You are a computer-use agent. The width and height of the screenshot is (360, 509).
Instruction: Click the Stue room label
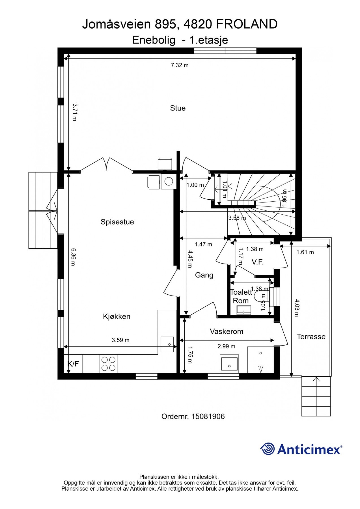(x=178, y=108)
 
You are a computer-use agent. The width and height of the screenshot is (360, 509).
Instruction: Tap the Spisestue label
(x=117, y=222)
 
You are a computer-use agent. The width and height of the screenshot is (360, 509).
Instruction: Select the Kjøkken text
(x=117, y=316)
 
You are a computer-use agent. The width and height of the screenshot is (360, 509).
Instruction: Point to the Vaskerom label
(x=227, y=331)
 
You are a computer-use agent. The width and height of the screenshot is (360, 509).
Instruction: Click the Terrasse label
(x=311, y=337)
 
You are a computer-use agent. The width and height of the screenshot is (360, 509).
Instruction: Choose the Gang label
(x=204, y=275)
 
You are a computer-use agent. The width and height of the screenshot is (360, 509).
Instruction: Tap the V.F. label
(x=258, y=262)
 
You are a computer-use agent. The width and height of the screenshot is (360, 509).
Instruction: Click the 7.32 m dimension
(x=180, y=65)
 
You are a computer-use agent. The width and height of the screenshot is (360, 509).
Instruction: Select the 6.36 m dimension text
(x=73, y=257)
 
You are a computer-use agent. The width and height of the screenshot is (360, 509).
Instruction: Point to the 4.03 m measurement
(x=296, y=308)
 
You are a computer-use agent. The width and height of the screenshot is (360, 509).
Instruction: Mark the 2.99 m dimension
(x=226, y=346)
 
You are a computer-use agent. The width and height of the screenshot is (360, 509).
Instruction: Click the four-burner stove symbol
(x=109, y=364)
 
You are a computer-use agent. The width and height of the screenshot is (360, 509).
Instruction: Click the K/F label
(x=73, y=364)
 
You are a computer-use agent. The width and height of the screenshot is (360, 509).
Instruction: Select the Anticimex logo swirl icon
(x=268, y=449)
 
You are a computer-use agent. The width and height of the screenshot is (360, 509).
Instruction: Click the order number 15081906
(x=208, y=417)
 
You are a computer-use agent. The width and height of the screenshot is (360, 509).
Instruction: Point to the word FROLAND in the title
(x=247, y=24)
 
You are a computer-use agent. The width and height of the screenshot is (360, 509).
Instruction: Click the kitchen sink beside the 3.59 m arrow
(x=167, y=344)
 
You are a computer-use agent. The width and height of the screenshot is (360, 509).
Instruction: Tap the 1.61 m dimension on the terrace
(x=305, y=252)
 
